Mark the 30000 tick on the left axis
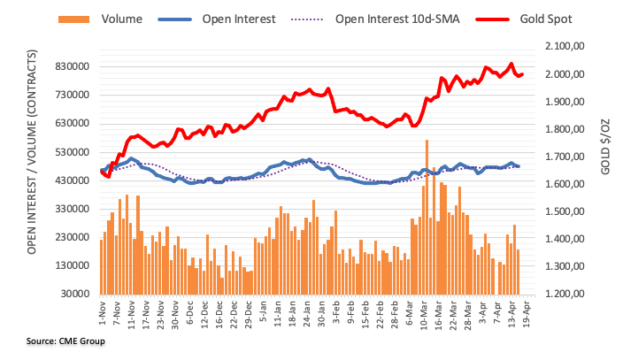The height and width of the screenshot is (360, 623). click(x=75, y=294)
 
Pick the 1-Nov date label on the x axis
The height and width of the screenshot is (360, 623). click(x=103, y=313)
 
